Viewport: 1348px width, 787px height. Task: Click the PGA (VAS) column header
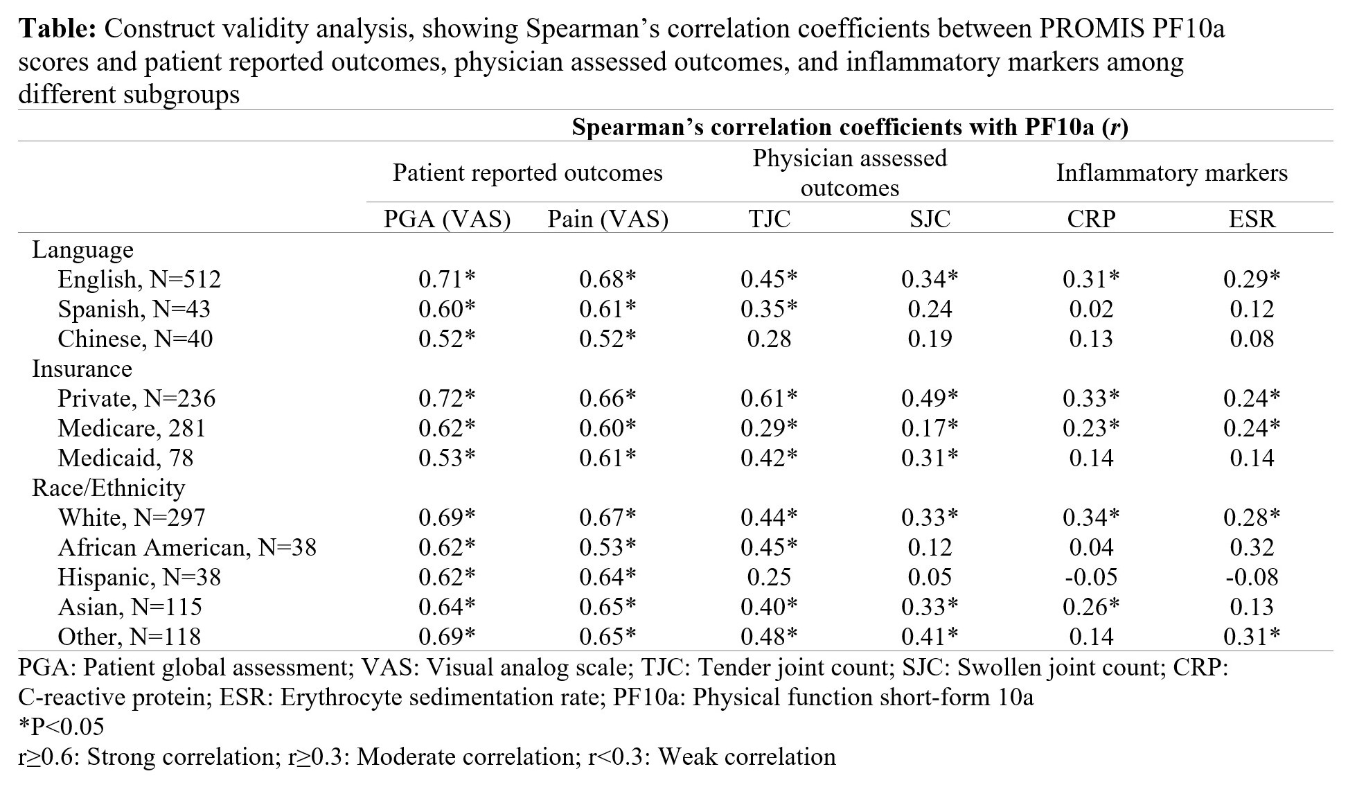coord(447,219)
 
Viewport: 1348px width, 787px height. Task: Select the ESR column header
coord(1252,219)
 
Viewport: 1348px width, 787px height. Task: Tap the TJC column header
coord(769,219)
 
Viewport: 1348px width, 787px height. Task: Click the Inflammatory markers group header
coord(1171,173)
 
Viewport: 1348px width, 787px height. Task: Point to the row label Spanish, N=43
coord(134,309)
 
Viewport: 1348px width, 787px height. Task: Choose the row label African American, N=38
coord(187,547)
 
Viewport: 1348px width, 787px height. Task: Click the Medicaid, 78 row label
coord(125,458)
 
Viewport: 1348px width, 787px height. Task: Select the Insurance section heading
coord(82,369)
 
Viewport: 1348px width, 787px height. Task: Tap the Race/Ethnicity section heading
coord(108,488)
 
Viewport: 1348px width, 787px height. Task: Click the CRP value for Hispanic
coord(1091,577)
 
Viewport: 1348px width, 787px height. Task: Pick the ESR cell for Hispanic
coord(1252,577)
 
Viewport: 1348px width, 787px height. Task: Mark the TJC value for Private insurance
coord(769,398)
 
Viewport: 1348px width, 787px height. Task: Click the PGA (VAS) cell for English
coord(447,279)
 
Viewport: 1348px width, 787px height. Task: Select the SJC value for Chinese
coord(930,339)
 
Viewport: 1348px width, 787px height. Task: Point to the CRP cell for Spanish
coord(1091,309)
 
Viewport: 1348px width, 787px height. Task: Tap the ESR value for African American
coord(1252,547)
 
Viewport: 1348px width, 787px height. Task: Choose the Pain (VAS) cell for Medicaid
coord(608,458)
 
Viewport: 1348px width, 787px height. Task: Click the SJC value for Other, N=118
coord(930,637)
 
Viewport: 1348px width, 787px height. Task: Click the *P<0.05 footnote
coord(61,726)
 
